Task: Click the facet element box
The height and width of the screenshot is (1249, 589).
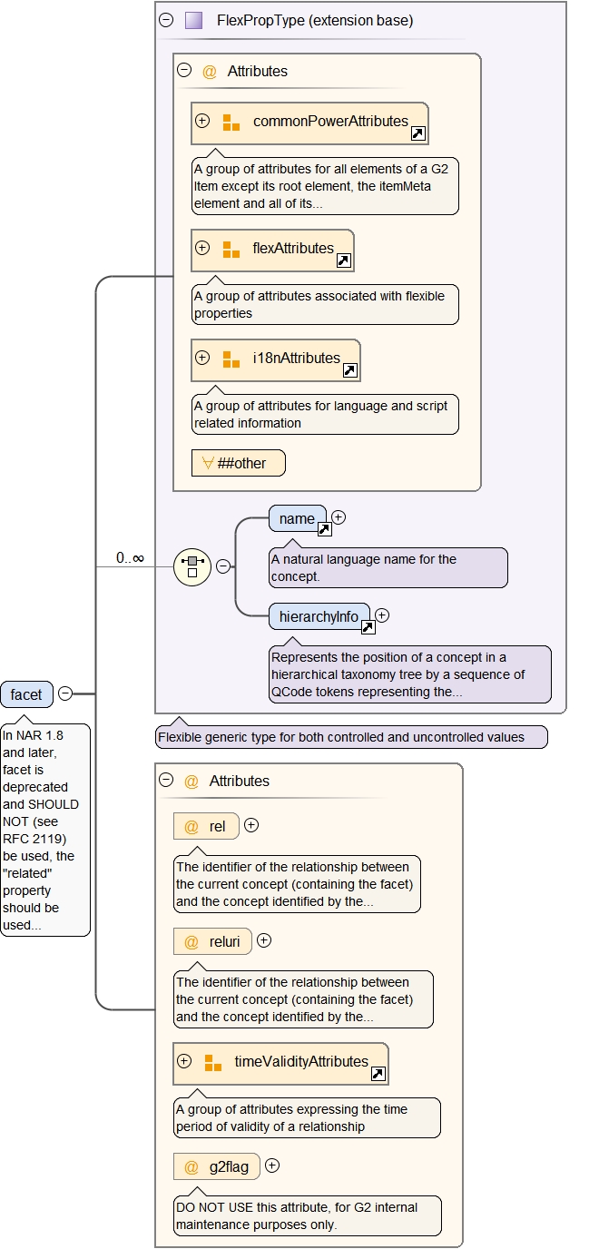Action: (26, 694)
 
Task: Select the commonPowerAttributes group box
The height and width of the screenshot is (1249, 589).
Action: (309, 123)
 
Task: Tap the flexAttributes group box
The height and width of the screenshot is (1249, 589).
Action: (272, 250)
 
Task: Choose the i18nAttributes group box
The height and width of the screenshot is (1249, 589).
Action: (276, 359)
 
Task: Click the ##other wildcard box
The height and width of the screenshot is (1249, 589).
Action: (238, 463)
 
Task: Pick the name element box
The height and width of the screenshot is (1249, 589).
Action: (297, 518)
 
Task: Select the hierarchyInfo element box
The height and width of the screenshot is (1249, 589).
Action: (319, 616)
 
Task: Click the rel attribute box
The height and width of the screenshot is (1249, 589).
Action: (206, 826)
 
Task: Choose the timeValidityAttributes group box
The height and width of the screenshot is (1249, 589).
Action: (280, 1062)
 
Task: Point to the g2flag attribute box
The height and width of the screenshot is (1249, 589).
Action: (216, 1166)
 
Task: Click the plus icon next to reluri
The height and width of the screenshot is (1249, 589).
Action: (264, 940)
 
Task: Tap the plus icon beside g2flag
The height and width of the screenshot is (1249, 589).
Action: (271, 1165)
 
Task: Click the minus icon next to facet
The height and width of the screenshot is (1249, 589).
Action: (65, 693)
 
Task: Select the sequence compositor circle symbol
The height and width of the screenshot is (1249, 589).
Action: (191, 566)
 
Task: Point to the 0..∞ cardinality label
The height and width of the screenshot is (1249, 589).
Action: (130, 557)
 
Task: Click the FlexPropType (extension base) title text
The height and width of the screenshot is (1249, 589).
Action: (315, 20)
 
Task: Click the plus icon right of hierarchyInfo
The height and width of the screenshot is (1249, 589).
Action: (382, 615)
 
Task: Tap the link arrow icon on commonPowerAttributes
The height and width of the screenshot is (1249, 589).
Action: (418, 133)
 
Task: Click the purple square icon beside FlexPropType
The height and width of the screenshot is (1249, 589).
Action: (193, 20)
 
